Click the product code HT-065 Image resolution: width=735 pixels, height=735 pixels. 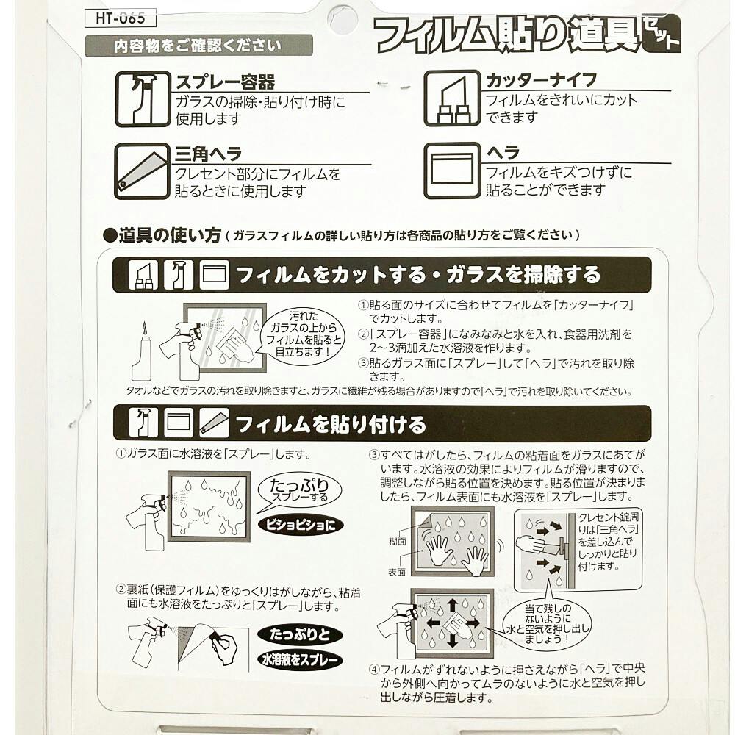(120, 18)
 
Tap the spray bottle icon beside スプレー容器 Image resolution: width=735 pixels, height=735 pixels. (143, 99)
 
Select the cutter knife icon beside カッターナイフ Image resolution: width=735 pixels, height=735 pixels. (452, 98)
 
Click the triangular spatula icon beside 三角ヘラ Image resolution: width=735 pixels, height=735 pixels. (142, 171)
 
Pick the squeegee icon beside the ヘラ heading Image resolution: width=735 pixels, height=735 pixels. (452, 171)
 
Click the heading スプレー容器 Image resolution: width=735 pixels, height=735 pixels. (225, 82)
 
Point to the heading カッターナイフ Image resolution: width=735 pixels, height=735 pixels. (542, 81)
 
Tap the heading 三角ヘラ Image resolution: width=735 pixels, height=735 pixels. (208, 154)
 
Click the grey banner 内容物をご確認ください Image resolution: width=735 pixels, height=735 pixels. (198, 46)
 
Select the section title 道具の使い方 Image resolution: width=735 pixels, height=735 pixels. (169, 235)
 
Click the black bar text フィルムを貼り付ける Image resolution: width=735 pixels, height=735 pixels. (331, 424)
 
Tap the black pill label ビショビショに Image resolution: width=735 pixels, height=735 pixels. (301, 525)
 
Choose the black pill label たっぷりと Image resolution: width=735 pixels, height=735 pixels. (300, 635)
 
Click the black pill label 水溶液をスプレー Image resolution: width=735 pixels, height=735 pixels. (300, 659)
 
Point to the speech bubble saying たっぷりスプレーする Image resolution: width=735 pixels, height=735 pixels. (299, 491)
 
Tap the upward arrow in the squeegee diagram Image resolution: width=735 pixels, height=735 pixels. (452, 605)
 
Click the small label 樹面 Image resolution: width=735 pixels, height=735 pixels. (398, 542)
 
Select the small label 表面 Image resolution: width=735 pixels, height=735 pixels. (397, 573)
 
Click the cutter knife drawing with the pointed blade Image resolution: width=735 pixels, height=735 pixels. (142, 351)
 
